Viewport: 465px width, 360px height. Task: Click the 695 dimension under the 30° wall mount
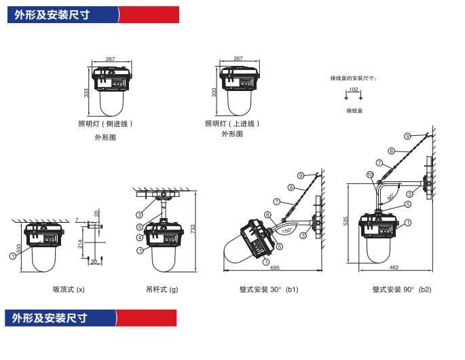[275, 268]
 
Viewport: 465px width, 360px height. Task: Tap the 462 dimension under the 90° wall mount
[394, 268]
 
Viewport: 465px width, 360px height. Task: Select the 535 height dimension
[346, 221]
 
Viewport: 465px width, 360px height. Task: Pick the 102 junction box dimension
[354, 90]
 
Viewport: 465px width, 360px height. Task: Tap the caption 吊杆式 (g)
[162, 289]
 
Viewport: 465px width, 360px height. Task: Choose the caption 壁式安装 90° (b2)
[402, 289]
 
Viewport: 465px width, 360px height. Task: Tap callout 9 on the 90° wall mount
[407, 136]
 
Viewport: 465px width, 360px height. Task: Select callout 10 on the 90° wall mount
[370, 175]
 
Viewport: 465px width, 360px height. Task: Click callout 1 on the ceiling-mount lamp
[12, 256]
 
